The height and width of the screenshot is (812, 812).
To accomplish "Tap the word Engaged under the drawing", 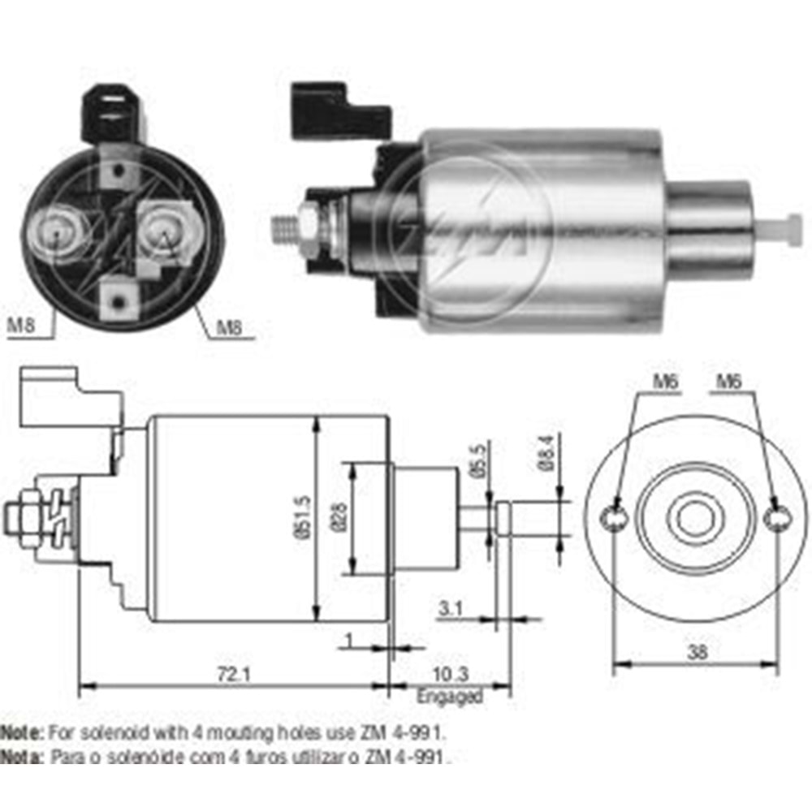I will point(449,696).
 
